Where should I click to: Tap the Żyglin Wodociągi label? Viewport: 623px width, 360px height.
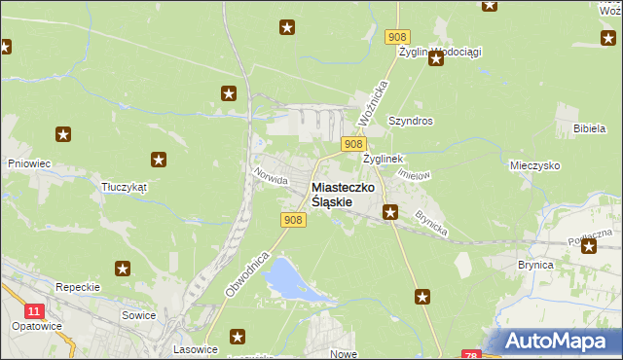click(x=440, y=52)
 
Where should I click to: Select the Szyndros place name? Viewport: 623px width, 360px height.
click(x=410, y=122)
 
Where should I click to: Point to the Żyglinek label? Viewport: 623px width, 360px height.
click(x=383, y=158)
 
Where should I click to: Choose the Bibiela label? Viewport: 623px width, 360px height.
click(x=590, y=128)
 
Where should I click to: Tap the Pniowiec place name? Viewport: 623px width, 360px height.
click(x=28, y=164)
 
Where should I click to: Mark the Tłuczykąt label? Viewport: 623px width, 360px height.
click(x=123, y=187)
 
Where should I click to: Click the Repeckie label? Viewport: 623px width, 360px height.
click(x=78, y=288)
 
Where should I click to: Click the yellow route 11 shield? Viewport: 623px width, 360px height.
click(x=35, y=311)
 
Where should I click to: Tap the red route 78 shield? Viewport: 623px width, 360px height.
click(x=471, y=355)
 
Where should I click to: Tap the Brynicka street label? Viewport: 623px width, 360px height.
click(x=430, y=223)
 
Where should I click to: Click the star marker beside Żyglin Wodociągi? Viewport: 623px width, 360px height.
click(x=436, y=58)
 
